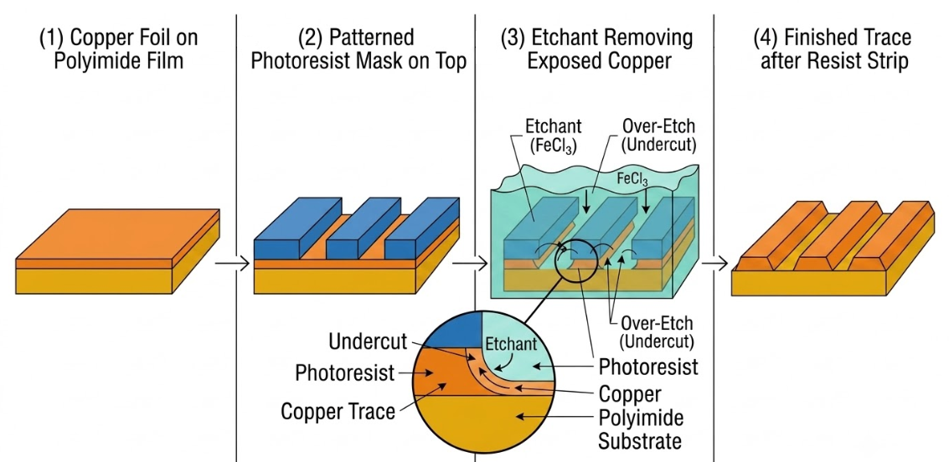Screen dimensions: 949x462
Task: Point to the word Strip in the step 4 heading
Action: [x=888, y=62]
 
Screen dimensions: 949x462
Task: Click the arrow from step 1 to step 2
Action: [x=232, y=263]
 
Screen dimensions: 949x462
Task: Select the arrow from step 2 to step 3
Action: [x=470, y=263]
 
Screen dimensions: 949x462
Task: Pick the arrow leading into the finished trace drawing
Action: [x=714, y=263]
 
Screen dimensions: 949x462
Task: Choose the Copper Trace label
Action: [x=338, y=412]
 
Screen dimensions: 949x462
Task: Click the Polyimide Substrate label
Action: [x=640, y=428]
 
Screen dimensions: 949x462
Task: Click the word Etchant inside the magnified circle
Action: [x=512, y=343]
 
